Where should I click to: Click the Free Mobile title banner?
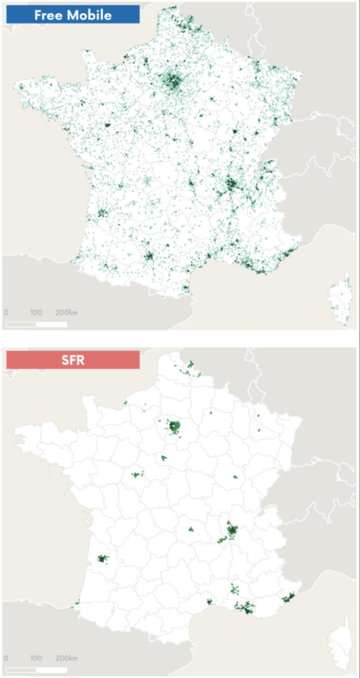[x=73, y=14]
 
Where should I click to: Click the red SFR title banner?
[x=73, y=360]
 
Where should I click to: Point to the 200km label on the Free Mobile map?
[x=66, y=312]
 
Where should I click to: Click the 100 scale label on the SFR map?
[x=36, y=657]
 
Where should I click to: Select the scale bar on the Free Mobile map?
[x=36, y=324]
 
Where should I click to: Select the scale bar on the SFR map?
[x=36, y=670]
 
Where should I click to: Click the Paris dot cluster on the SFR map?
[x=175, y=427]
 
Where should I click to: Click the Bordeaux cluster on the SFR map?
[x=103, y=559]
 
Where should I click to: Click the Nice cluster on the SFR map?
[x=288, y=598]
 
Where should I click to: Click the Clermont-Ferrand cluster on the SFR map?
[x=191, y=529]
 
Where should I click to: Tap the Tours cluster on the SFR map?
[x=137, y=475]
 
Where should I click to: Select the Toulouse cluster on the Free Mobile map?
[x=149, y=256]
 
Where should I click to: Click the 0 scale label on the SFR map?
[x=6, y=657]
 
